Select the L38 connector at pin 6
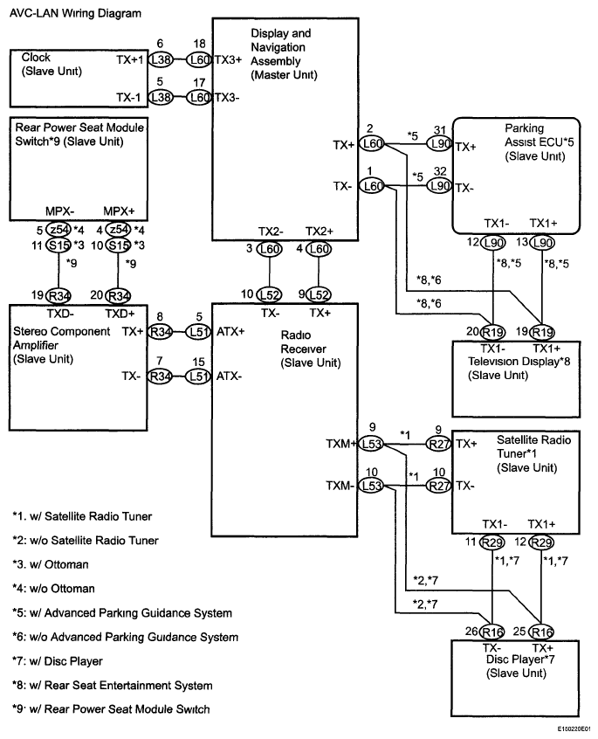pyautogui.click(x=161, y=59)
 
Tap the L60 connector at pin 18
pyautogui.click(x=200, y=59)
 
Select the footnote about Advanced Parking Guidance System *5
pyautogui.click(x=121, y=611)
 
